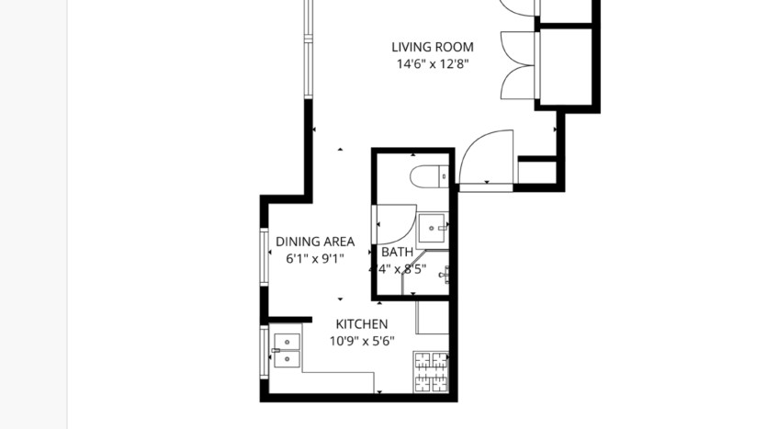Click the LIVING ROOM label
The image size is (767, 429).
point(433,47)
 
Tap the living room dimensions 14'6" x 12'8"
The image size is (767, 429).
point(433,64)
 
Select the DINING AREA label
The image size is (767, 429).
point(315,242)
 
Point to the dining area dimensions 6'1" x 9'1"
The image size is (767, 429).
point(315,259)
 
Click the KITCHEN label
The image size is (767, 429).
point(361,323)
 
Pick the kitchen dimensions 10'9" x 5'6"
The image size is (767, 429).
point(361,341)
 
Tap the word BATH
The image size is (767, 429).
point(397,252)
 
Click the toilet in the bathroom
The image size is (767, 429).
point(431,174)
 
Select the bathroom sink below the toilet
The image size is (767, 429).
point(433,226)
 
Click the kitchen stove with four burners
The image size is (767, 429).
point(432,373)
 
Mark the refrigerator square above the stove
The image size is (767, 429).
point(433,317)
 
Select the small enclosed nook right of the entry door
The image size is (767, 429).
point(537,171)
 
